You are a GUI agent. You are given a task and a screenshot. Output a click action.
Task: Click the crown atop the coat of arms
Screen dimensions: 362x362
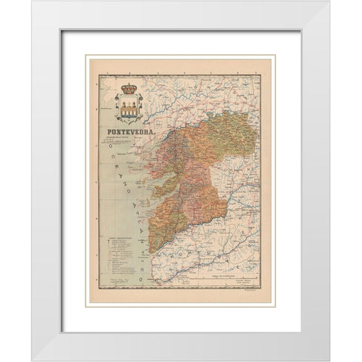tap(128, 88)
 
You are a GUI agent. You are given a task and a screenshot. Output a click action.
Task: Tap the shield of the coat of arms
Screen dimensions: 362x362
tap(128, 109)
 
